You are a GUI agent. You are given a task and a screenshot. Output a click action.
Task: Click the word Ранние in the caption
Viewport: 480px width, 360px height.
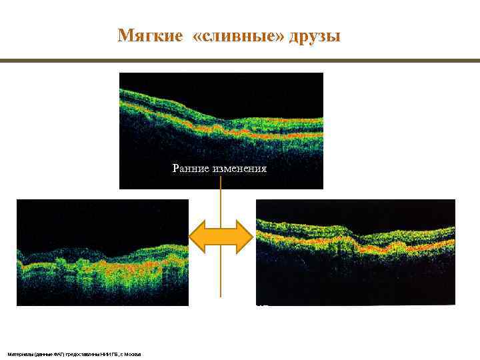point(191,169)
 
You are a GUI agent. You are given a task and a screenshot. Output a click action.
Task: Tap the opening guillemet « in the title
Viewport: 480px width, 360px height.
point(195,35)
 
